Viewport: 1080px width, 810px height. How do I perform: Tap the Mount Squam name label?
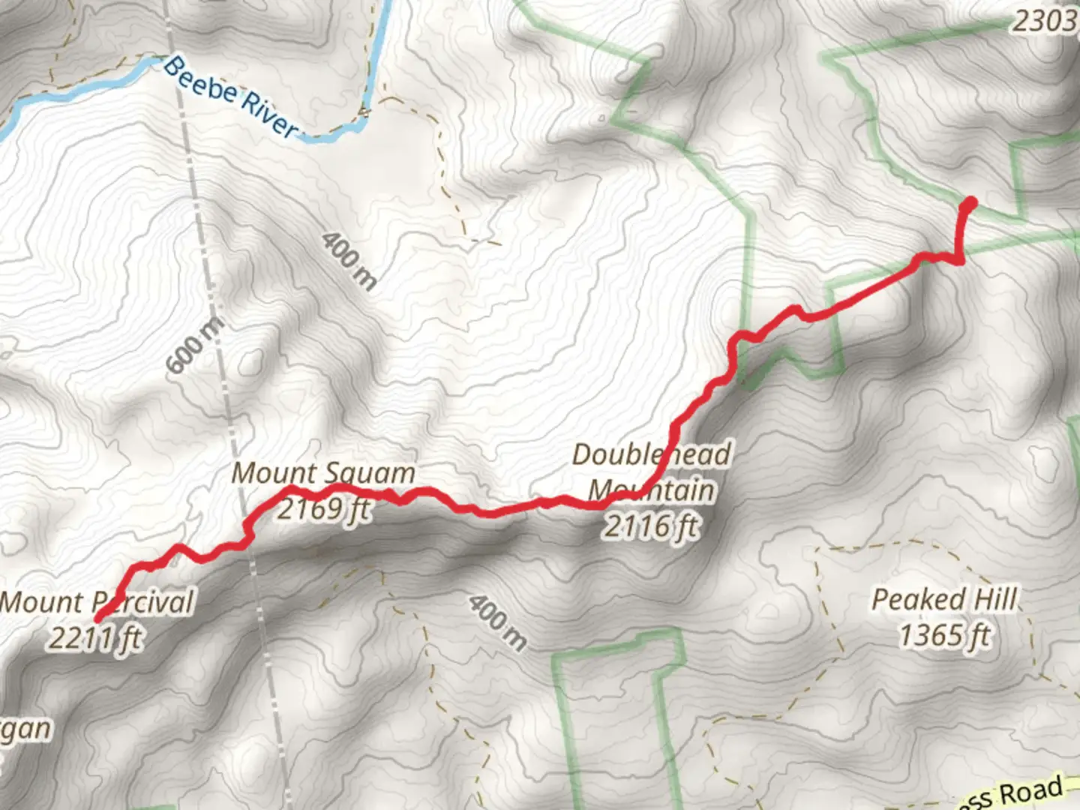coord(323,473)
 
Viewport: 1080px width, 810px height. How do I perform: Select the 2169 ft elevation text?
coord(323,508)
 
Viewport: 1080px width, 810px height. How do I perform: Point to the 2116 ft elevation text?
coord(651,526)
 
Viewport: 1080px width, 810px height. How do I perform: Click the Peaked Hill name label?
coord(944,600)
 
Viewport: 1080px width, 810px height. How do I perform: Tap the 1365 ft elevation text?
coord(944,636)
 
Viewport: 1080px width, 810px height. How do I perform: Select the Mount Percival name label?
coord(97,602)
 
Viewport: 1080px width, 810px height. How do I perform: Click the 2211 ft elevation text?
coord(96,638)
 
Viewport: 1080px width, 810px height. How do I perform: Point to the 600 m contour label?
coord(193,346)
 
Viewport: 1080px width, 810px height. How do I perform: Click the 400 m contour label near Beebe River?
coord(349,261)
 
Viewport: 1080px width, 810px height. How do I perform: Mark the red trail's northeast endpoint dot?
coord(969,202)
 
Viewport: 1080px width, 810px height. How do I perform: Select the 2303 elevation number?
coord(1044,21)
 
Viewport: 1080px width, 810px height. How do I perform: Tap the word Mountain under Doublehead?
coord(651,490)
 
